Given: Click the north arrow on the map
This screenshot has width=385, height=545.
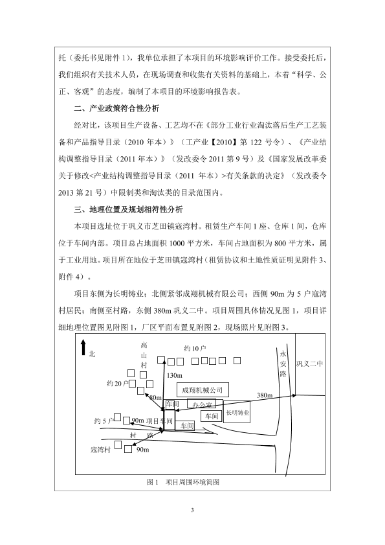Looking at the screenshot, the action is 83,348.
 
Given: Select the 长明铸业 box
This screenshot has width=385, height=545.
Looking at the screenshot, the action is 237,412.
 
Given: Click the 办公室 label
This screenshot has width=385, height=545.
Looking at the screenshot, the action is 201,404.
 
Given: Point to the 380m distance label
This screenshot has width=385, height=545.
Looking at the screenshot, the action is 265,395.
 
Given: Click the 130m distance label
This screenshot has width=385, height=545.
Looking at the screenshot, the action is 174,375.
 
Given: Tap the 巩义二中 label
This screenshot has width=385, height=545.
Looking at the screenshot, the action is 309,364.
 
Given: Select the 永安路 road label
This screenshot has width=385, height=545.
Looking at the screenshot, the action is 283,364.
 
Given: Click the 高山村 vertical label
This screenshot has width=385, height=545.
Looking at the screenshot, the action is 144,355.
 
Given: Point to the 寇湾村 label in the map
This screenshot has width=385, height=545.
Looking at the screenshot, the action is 100,450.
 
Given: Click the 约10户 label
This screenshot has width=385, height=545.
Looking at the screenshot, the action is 195,348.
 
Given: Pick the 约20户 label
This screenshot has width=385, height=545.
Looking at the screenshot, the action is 117,384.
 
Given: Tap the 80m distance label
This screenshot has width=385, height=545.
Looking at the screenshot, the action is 155,397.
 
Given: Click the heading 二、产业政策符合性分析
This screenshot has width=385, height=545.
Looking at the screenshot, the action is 116,108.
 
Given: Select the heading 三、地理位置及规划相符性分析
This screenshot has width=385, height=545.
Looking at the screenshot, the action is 128,209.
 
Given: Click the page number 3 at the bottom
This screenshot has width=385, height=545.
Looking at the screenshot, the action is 192,510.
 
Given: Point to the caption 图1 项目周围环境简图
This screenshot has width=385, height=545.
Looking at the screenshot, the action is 183,482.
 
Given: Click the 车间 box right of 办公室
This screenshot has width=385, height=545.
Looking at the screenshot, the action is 212,415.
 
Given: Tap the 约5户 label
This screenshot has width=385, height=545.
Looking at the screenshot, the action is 104,421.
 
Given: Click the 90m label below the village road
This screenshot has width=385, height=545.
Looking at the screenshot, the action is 143,450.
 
